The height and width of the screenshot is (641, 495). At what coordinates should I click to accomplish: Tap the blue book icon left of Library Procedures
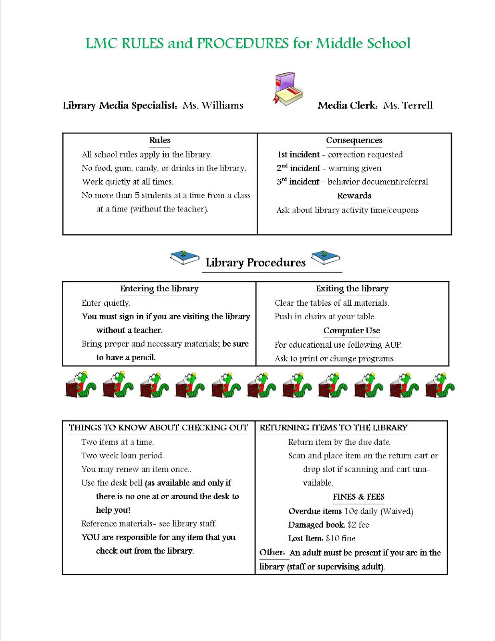pos(185,257)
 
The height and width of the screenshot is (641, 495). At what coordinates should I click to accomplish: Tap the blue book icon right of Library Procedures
pos(325,257)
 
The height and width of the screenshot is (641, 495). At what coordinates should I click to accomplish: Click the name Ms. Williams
pos(213,105)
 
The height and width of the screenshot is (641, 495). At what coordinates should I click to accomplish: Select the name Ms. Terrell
pos(408,105)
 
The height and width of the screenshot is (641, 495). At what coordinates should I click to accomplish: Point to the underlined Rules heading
pos(160,140)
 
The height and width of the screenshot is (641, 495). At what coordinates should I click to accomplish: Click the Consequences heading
pos(354,140)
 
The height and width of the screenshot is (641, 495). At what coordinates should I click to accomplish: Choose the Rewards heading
pos(354,196)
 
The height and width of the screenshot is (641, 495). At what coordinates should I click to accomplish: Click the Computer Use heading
pos(352,331)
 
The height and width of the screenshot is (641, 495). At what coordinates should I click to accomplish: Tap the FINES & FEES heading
pos(358,497)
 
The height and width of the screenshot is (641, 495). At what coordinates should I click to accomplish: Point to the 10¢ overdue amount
pos(351,511)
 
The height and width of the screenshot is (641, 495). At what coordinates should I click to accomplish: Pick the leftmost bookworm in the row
pos(81,385)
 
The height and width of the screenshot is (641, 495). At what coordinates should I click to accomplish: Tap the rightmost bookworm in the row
pos(440,385)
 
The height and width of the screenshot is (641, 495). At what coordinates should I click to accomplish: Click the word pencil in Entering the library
pos(143,357)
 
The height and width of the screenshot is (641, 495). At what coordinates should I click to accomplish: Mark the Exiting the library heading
pos(352,288)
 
